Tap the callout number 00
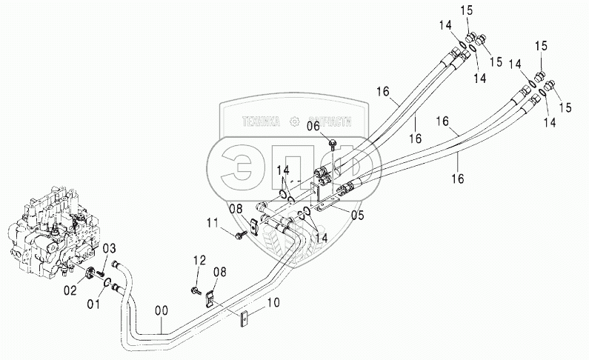162,311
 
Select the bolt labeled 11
239,235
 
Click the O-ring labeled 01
109,281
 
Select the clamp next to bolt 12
210,300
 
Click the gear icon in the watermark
295,121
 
